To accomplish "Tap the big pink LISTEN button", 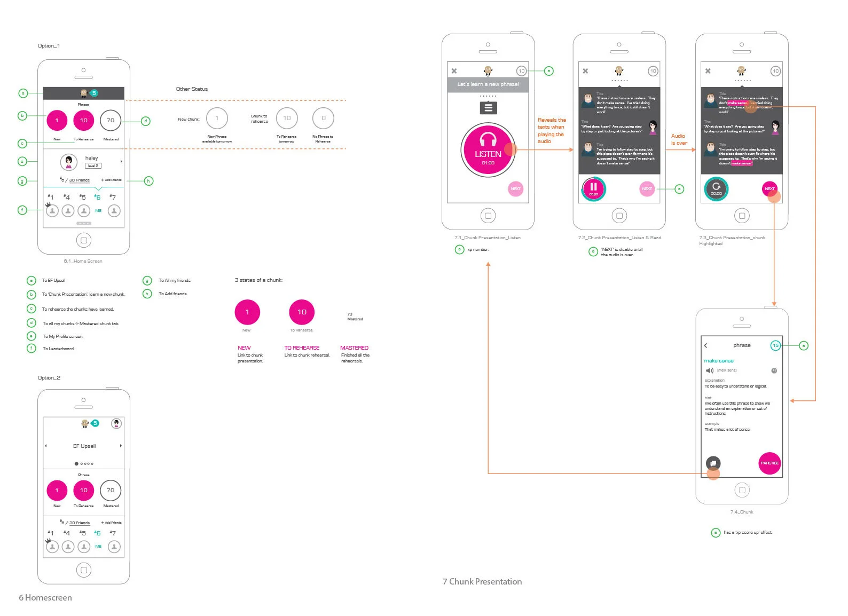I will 488,150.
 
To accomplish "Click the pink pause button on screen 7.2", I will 593,188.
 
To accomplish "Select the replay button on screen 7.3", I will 716,188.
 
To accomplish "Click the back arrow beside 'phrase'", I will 705,345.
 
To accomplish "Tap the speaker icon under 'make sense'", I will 709,370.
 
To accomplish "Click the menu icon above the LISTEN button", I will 488,108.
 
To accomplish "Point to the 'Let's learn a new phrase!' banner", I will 488,84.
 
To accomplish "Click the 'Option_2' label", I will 49,378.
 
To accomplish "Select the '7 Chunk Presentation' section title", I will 482,582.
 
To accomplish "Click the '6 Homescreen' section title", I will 45,598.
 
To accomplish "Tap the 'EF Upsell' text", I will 84,446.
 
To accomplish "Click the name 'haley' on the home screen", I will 91,158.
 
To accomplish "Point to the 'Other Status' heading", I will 192,89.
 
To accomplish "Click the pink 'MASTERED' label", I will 354,348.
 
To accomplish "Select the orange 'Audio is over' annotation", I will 679,139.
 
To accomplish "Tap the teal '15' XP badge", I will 775,345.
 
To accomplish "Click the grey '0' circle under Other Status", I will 323,118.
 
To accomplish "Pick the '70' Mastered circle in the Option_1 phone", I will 111,121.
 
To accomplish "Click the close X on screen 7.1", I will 454,71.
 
